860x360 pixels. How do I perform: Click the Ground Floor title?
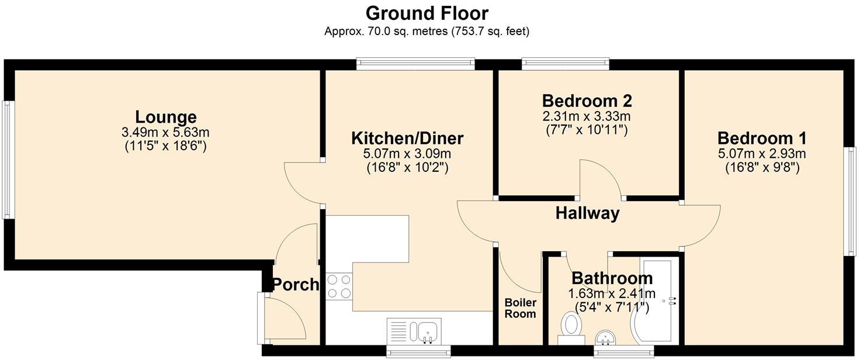coord(426,13)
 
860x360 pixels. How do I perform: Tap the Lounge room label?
coord(166,117)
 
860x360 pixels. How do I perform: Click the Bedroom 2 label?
coord(587,101)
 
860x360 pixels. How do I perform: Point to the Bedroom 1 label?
coord(762,139)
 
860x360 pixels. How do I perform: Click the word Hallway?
coord(587,213)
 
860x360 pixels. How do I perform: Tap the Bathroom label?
coord(612,278)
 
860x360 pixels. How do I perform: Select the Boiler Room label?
coord(520,308)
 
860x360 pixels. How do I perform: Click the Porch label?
coord(296,285)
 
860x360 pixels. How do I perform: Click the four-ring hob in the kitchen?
coord(339,286)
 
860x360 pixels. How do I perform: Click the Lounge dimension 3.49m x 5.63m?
coord(166,133)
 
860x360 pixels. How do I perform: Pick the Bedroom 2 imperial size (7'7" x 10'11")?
coord(587,130)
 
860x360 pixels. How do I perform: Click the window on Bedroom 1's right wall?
coord(850,200)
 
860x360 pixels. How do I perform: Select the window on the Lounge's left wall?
coord(7,160)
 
